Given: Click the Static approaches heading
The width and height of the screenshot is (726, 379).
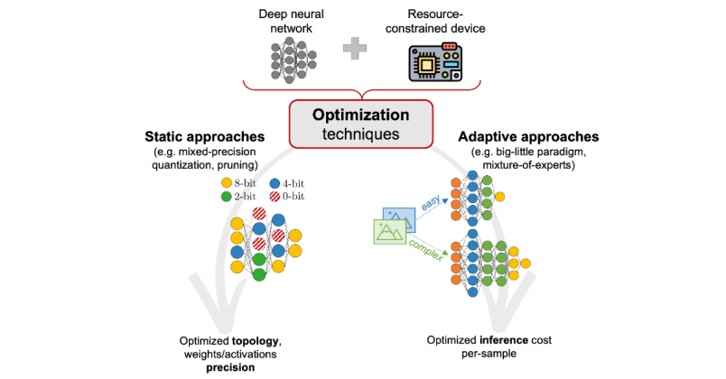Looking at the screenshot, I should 204,137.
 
